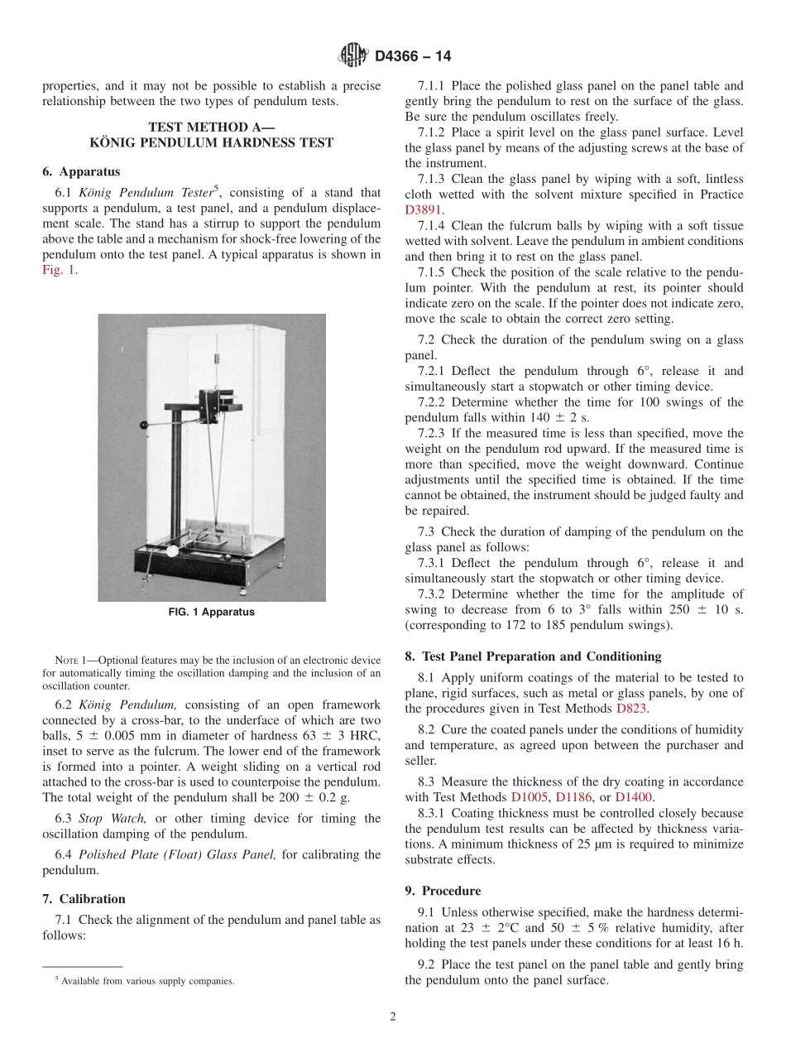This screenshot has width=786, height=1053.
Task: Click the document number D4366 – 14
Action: click(413, 56)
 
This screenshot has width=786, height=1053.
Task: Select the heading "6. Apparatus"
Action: click(81, 171)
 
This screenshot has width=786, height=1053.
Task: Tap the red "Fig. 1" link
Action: click(58, 270)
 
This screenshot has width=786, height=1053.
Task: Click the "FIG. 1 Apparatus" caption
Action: click(211, 613)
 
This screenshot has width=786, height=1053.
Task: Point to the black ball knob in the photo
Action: click(144, 426)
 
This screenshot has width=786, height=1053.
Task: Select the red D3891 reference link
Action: click(424, 210)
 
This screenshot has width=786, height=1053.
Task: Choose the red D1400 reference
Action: click(635, 797)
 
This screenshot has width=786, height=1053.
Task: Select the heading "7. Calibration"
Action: click(84, 899)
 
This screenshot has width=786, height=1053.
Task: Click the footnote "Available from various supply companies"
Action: click(146, 981)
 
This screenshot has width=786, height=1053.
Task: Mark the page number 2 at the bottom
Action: click(393, 1017)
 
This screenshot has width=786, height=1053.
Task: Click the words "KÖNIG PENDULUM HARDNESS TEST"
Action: click(211, 142)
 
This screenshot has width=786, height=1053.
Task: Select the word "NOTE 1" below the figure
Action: click(68, 660)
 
